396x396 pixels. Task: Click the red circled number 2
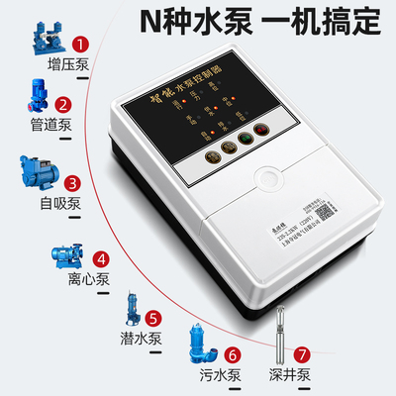[x=61, y=104]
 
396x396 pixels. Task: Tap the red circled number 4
[x=101, y=261]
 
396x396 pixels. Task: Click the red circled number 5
[x=152, y=319]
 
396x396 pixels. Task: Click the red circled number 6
[x=233, y=352]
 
